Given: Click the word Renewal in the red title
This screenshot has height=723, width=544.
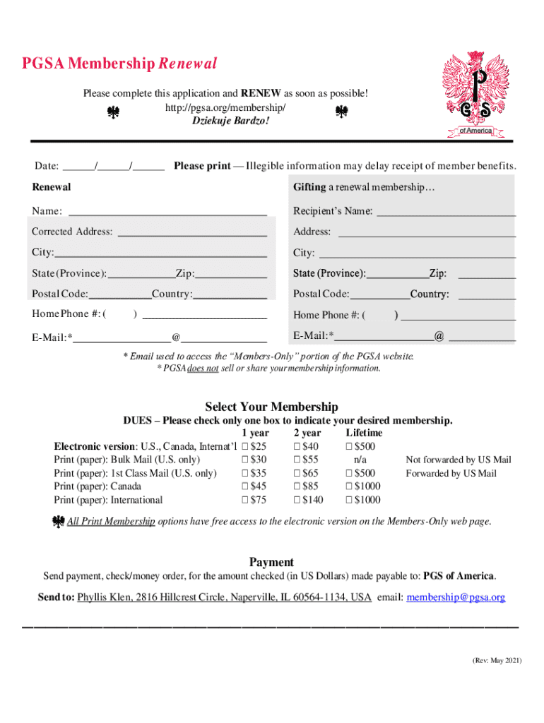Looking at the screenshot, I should point(187,64).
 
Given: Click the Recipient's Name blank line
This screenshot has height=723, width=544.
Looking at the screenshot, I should point(445,211).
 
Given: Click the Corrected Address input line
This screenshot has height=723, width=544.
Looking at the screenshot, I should point(192,232).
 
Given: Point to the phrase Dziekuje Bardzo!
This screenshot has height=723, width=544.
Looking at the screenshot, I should point(231,121).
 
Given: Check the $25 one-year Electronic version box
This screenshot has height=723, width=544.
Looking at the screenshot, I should point(245,446).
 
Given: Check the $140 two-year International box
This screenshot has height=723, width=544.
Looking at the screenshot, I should point(297,500).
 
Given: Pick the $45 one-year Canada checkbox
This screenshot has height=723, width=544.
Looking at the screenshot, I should point(245,486).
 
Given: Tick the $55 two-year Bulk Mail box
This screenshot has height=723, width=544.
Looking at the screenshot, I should point(297,460).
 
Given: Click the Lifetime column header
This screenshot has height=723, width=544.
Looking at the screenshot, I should point(364,433).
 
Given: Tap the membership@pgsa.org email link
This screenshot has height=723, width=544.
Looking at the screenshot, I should point(456,597).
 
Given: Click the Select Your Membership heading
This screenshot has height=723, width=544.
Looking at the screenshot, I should point(271,407).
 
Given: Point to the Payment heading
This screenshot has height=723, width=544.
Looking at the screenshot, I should point(271,562).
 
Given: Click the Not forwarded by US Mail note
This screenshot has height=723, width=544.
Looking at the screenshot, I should point(458,460).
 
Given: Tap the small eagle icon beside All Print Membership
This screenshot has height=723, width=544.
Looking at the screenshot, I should point(59,522).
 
